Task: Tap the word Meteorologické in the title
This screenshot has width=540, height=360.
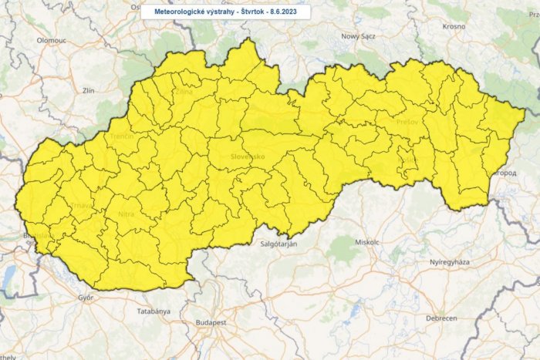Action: coord(177,12)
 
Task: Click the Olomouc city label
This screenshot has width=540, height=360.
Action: coord(51,38)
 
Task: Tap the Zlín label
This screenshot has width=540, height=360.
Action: coord(89,90)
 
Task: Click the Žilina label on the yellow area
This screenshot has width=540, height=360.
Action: coord(184,92)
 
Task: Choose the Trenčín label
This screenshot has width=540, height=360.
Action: coord(123,136)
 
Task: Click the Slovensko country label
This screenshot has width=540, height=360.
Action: coord(248,156)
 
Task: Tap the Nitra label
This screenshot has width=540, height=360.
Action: coord(127,214)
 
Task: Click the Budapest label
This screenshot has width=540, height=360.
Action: coord(210,321)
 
